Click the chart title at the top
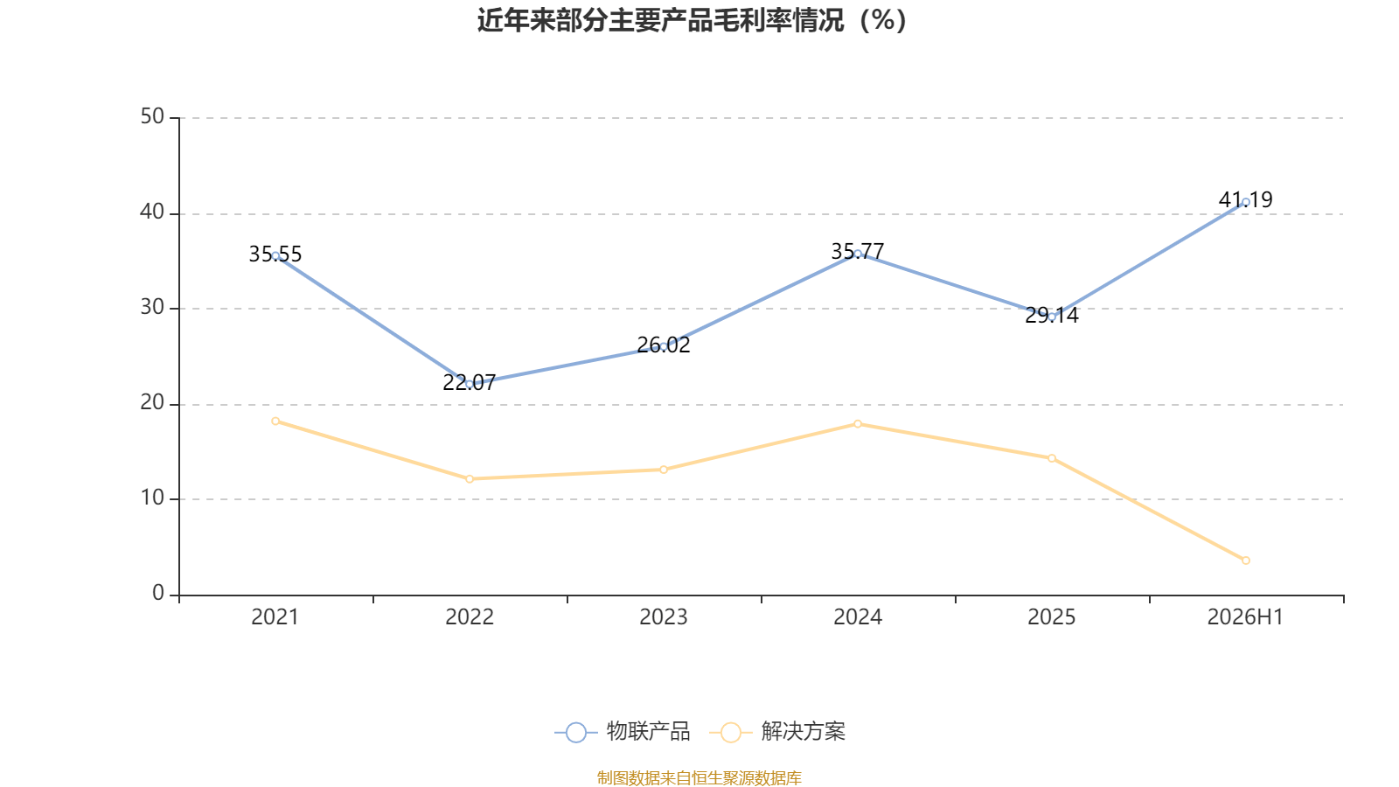pyautogui.click(x=692, y=21)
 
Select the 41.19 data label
pyautogui.click(x=1245, y=199)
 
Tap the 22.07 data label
pyautogui.click(x=469, y=382)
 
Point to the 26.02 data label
pyautogui.click(x=664, y=345)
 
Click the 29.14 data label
pyautogui.click(x=1052, y=316)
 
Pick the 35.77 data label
pyautogui.click(x=858, y=251)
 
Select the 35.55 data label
pyautogui.click(x=275, y=254)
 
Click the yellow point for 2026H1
pyautogui.click(x=1245, y=561)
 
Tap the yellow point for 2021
pyautogui.click(x=275, y=421)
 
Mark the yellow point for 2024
pyautogui.click(x=858, y=424)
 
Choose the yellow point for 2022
pyautogui.click(x=470, y=479)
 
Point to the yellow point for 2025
pyautogui.click(x=1052, y=458)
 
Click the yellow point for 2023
pyautogui.click(x=664, y=470)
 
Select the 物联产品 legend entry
pyautogui.click(x=622, y=731)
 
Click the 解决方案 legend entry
pyautogui.click(x=777, y=731)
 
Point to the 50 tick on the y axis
pyautogui.click(x=152, y=117)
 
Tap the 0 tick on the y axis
pyautogui.click(x=158, y=594)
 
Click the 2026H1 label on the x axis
pyautogui.click(x=1245, y=617)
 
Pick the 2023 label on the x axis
pyautogui.click(x=664, y=617)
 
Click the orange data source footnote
pyautogui.click(x=699, y=777)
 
